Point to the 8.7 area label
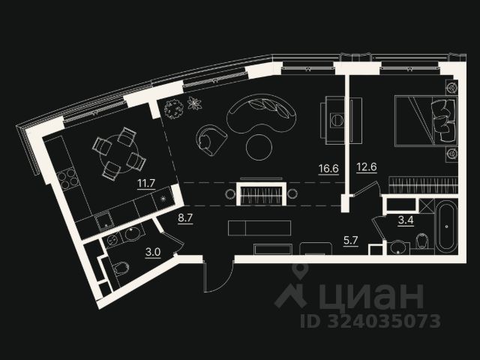point(184,218)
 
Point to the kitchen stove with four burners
point(67,179)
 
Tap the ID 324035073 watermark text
point(370,321)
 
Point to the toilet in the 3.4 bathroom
point(422,241)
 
